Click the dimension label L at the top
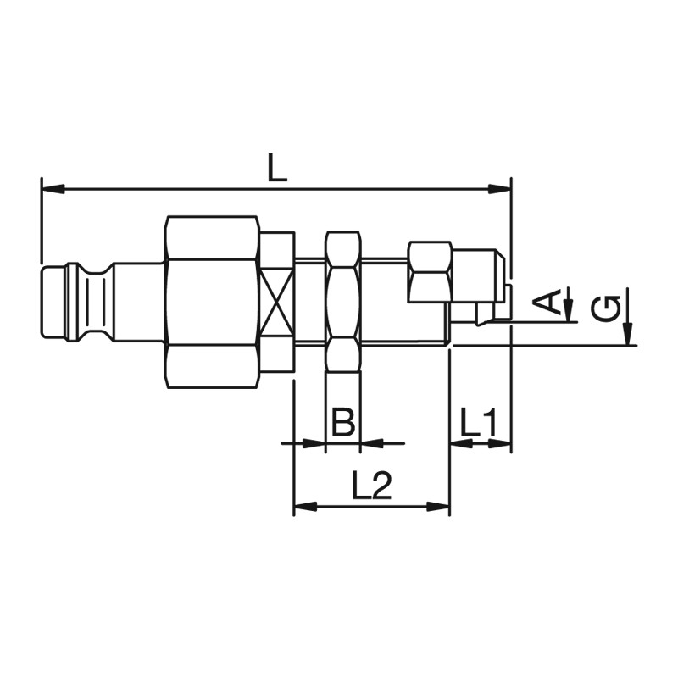(x=277, y=168)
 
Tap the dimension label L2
(x=371, y=485)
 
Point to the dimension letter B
(x=342, y=421)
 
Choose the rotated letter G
(x=605, y=309)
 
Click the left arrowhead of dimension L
(x=53, y=189)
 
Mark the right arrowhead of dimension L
(x=499, y=189)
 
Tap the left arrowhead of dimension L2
(x=306, y=506)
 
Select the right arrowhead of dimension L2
(x=438, y=506)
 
